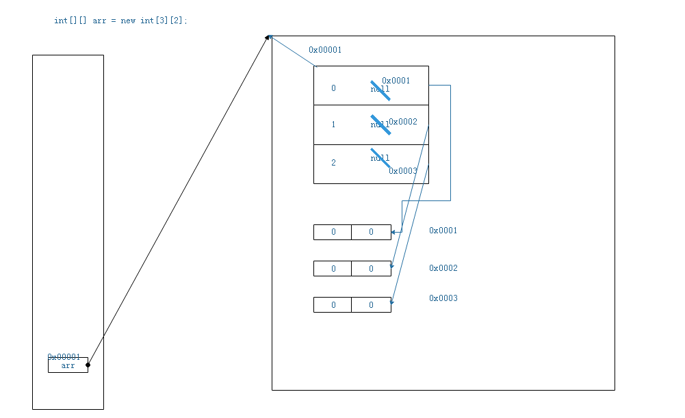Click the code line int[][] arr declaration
click(x=120, y=21)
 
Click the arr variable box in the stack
click(x=68, y=366)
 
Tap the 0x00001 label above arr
click(x=64, y=357)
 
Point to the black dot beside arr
click(x=88, y=365)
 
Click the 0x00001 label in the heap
click(x=325, y=50)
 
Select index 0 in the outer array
click(x=333, y=88)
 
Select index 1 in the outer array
click(x=333, y=125)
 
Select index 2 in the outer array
click(x=333, y=163)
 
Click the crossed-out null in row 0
click(x=380, y=90)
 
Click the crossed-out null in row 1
click(x=380, y=125)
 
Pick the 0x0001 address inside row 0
click(x=396, y=81)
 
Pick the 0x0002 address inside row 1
click(x=403, y=122)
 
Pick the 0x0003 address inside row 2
click(x=403, y=171)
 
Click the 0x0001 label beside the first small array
click(x=443, y=231)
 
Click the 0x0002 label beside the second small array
click(x=443, y=268)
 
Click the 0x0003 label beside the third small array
click(x=443, y=298)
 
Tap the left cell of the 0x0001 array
click(x=333, y=232)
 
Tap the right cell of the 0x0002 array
click(x=371, y=269)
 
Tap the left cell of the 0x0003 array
click(x=333, y=305)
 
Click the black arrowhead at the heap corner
click(x=269, y=37)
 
